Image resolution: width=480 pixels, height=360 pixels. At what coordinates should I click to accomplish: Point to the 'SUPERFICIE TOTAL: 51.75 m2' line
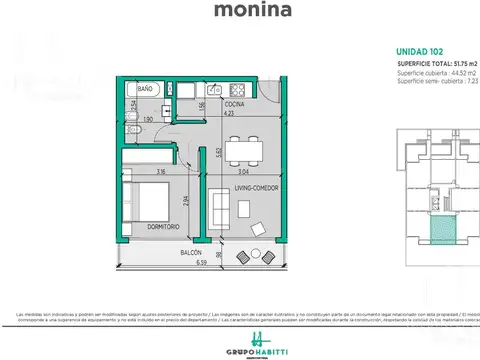(x=438, y=62)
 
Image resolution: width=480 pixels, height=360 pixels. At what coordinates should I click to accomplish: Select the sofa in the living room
(x=219, y=208)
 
